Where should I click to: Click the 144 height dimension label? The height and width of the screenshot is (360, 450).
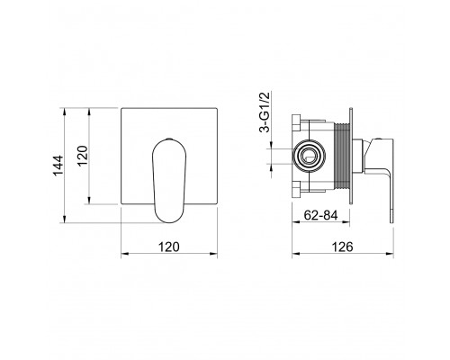[x=58, y=166]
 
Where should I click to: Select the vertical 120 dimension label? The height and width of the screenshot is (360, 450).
[x=82, y=156]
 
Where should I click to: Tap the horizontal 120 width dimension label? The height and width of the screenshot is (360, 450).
[x=169, y=247]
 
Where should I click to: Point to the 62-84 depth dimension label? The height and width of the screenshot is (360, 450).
[x=320, y=215]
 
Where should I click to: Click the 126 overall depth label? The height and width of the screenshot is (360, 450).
[x=342, y=247]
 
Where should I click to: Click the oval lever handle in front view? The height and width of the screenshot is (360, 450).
[x=169, y=181]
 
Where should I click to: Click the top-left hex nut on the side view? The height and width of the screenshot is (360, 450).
[x=296, y=122]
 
